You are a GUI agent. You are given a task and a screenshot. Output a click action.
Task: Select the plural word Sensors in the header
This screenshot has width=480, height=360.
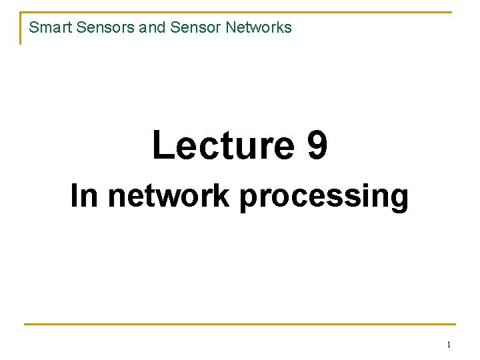click(95, 27)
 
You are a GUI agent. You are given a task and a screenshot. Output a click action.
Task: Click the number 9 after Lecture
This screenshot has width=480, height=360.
click(317, 145)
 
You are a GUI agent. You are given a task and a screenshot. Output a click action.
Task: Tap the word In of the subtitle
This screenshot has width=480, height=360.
click(85, 196)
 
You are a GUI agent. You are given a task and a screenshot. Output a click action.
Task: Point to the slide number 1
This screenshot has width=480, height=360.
click(449, 345)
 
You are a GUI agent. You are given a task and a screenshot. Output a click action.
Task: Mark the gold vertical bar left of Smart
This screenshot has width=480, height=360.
click(21, 29)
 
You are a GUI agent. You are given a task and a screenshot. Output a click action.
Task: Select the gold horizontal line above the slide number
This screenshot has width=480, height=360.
click(240, 325)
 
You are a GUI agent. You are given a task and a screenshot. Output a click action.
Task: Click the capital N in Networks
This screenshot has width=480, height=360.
click(231, 27)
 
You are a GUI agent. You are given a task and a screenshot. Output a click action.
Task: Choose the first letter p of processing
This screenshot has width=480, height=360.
click(248, 199)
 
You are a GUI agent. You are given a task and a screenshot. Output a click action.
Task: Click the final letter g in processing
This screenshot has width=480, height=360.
click(399, 199)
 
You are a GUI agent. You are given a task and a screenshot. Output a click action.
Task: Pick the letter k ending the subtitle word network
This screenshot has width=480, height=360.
click(225, 196)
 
